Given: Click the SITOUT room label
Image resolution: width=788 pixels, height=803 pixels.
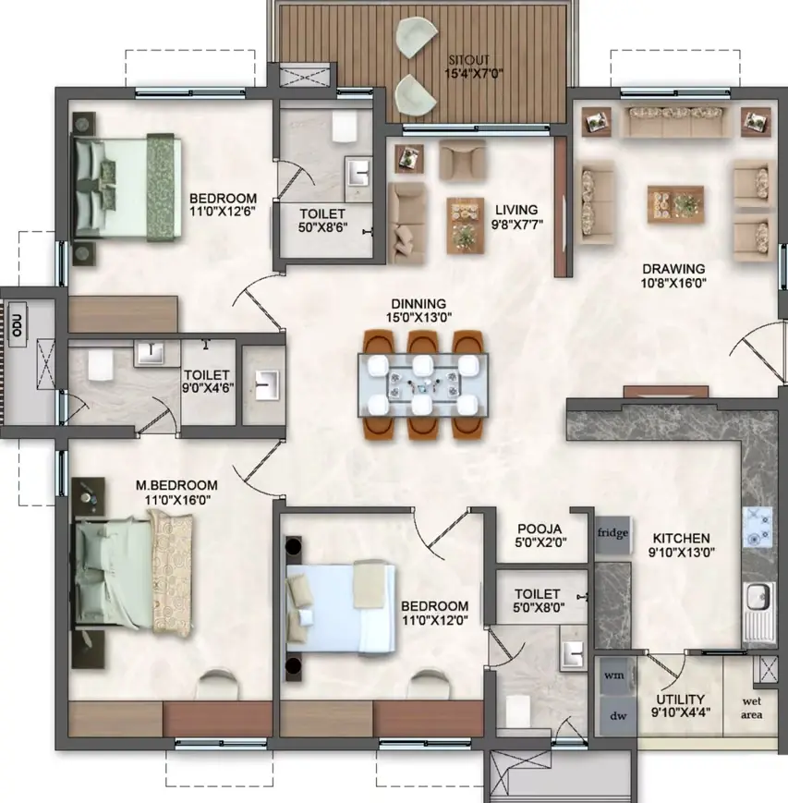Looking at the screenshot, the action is pos(469,60).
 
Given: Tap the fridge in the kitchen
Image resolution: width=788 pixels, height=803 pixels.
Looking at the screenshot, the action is pos(612,534).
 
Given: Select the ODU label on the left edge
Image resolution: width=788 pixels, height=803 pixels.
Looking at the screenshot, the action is pos(18,325).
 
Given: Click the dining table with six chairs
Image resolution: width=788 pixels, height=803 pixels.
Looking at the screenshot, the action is pos(423,385).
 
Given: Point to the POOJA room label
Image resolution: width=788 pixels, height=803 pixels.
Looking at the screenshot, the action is pos(539,529).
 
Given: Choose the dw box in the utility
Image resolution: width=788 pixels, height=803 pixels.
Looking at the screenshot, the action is pos(618,715).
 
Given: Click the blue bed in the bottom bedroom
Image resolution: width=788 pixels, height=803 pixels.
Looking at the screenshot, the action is pos(342,608).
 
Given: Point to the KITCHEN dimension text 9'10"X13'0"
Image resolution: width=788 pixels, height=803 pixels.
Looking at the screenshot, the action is pos(682,552).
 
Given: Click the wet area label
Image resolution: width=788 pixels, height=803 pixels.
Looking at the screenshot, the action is pos(752,708).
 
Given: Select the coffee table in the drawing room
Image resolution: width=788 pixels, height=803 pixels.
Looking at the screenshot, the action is pos(676,204).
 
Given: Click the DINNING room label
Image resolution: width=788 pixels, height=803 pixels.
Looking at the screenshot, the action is pos(418,304).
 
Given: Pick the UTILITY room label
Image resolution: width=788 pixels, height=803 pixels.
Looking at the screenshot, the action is pos(681,699).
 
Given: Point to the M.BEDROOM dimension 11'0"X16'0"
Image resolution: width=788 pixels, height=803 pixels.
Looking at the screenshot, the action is pos(177,500).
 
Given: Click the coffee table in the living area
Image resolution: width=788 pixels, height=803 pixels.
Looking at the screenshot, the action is pos(466,225).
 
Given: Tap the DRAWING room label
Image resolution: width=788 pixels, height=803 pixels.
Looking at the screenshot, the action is pos(673,268).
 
